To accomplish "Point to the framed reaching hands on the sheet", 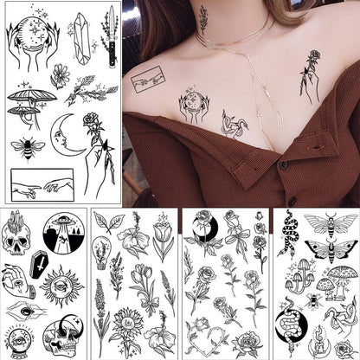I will (x=42, y=183).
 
